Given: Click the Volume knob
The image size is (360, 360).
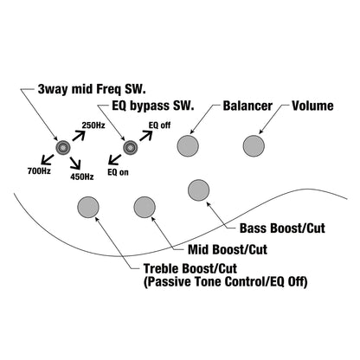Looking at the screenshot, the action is (x=254, y=146).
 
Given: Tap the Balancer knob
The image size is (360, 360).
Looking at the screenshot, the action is (x=188, y=146).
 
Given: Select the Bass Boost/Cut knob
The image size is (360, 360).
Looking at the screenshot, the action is (x=199, y=190).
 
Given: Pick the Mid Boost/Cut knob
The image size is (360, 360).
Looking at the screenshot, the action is (x=145, y=207).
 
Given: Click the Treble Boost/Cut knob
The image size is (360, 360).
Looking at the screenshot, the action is (x=88, y=207).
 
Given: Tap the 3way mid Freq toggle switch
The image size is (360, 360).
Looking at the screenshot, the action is (x=63, y=147).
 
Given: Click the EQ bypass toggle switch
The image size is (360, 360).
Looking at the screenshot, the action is (x=131, y=147).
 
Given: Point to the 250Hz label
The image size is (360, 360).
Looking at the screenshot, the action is (x=93, y=125).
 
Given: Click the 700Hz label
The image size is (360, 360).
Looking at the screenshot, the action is (x=39, y=171).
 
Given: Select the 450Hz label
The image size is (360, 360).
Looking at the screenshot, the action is (x=82, y=177).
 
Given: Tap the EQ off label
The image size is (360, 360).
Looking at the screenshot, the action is (x=159, y=125).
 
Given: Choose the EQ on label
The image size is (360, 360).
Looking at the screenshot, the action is (x=118, y=172).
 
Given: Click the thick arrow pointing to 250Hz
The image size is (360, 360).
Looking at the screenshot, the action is (x=79, y=135).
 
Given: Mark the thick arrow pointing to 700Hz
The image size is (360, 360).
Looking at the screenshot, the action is (x=48, y=159).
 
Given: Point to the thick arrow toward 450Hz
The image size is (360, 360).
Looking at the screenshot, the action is (x=75, y=163).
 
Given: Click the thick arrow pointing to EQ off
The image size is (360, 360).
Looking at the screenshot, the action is (x=146, y=135).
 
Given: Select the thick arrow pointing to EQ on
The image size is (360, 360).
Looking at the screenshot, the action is (x=115, y=159).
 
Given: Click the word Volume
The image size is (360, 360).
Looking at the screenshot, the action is (x=312, y=106).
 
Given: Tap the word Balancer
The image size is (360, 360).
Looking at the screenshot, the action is (x=247, y=106).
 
